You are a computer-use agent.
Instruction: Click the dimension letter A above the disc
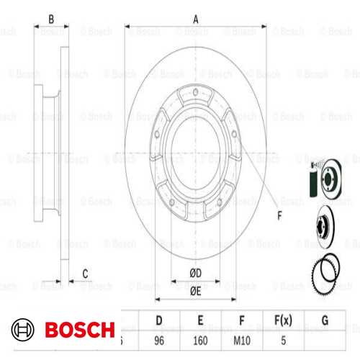(x=196, y=20)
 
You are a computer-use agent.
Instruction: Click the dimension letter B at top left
(x=50, y=20)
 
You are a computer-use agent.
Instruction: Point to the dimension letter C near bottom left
(x=85, y=272)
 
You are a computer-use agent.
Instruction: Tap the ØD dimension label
(x=195, y=271)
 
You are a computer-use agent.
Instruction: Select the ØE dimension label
(x=195, y=290)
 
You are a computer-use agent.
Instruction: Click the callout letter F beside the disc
(x=279, y=213)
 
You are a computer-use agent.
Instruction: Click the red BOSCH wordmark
(x=79, y=330)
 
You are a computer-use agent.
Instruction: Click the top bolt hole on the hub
(x=196, y=91)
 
